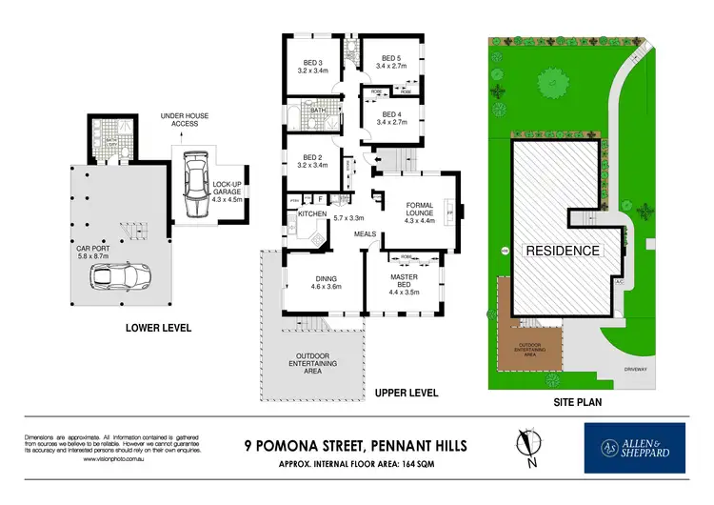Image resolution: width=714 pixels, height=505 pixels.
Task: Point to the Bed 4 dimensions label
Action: tap(391, 122)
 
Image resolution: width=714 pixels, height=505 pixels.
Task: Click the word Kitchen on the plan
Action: tap(312, 214)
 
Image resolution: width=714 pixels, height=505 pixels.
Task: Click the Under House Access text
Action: tap(179, 119)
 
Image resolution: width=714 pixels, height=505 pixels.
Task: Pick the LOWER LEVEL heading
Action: tap(158, 328)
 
